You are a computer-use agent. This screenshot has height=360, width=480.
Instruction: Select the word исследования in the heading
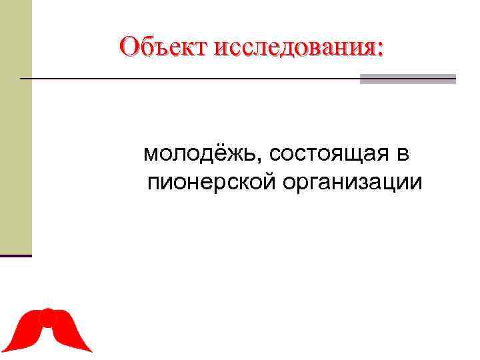[x=294, y=47]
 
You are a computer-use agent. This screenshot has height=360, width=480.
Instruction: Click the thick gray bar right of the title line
[x=408, y=79]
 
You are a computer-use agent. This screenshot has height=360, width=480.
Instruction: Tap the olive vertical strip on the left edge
[x=15, y=127]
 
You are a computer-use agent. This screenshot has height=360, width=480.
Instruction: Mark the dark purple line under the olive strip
[x=15, y=255]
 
